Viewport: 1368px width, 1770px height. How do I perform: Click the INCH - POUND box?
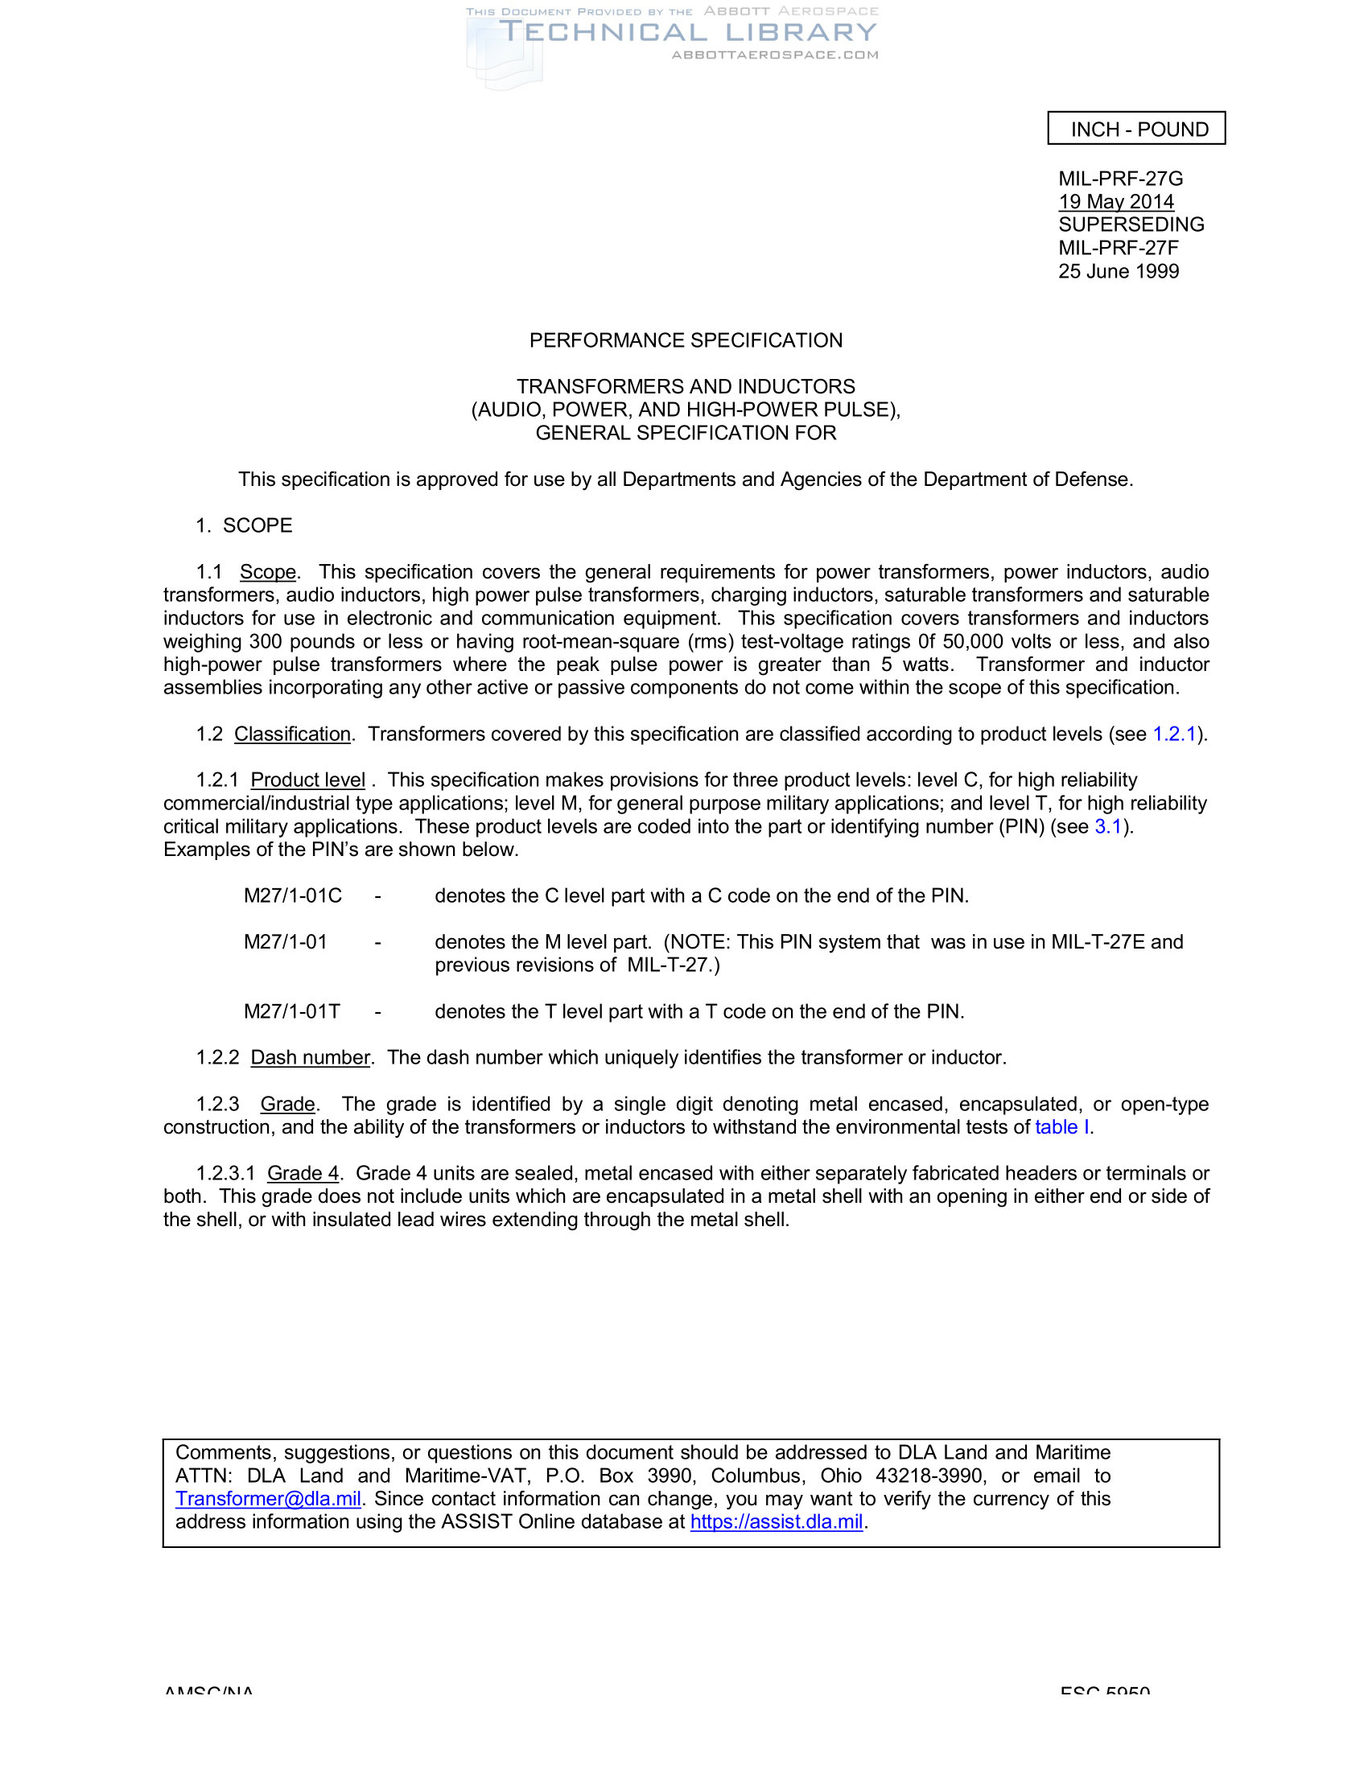(1136, 129)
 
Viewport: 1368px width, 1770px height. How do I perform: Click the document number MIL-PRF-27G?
(1120, 179)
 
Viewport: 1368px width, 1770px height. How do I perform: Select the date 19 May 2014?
(1115, 202)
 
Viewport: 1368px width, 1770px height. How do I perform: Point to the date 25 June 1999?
(1118, 271)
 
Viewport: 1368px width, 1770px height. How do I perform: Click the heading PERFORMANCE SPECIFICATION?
(686, 340)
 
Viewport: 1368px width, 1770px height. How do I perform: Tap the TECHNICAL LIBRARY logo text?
(687, 32)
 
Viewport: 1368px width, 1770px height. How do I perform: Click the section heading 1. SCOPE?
(244, 526)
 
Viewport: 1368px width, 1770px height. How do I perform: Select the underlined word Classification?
(292, 735)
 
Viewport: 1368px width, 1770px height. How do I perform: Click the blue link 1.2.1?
(1173, 735)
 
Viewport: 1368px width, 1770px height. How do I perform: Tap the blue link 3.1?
(1108, 826)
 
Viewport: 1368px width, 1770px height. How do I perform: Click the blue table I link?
(1061, 1127)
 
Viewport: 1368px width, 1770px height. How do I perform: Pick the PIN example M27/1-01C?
(293, 896)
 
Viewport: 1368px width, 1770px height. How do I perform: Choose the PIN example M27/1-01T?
(292, 1012)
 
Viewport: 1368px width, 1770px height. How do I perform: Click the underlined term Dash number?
(310, 1059)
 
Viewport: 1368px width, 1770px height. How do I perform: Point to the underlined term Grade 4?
(303, 1174)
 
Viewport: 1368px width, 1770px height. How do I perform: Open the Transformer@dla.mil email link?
(268, 1500)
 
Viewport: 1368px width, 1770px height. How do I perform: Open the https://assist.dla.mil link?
(777, 1522)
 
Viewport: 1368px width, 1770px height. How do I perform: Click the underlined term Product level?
(307, 780)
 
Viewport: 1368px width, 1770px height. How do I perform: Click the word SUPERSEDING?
(1131, 224)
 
